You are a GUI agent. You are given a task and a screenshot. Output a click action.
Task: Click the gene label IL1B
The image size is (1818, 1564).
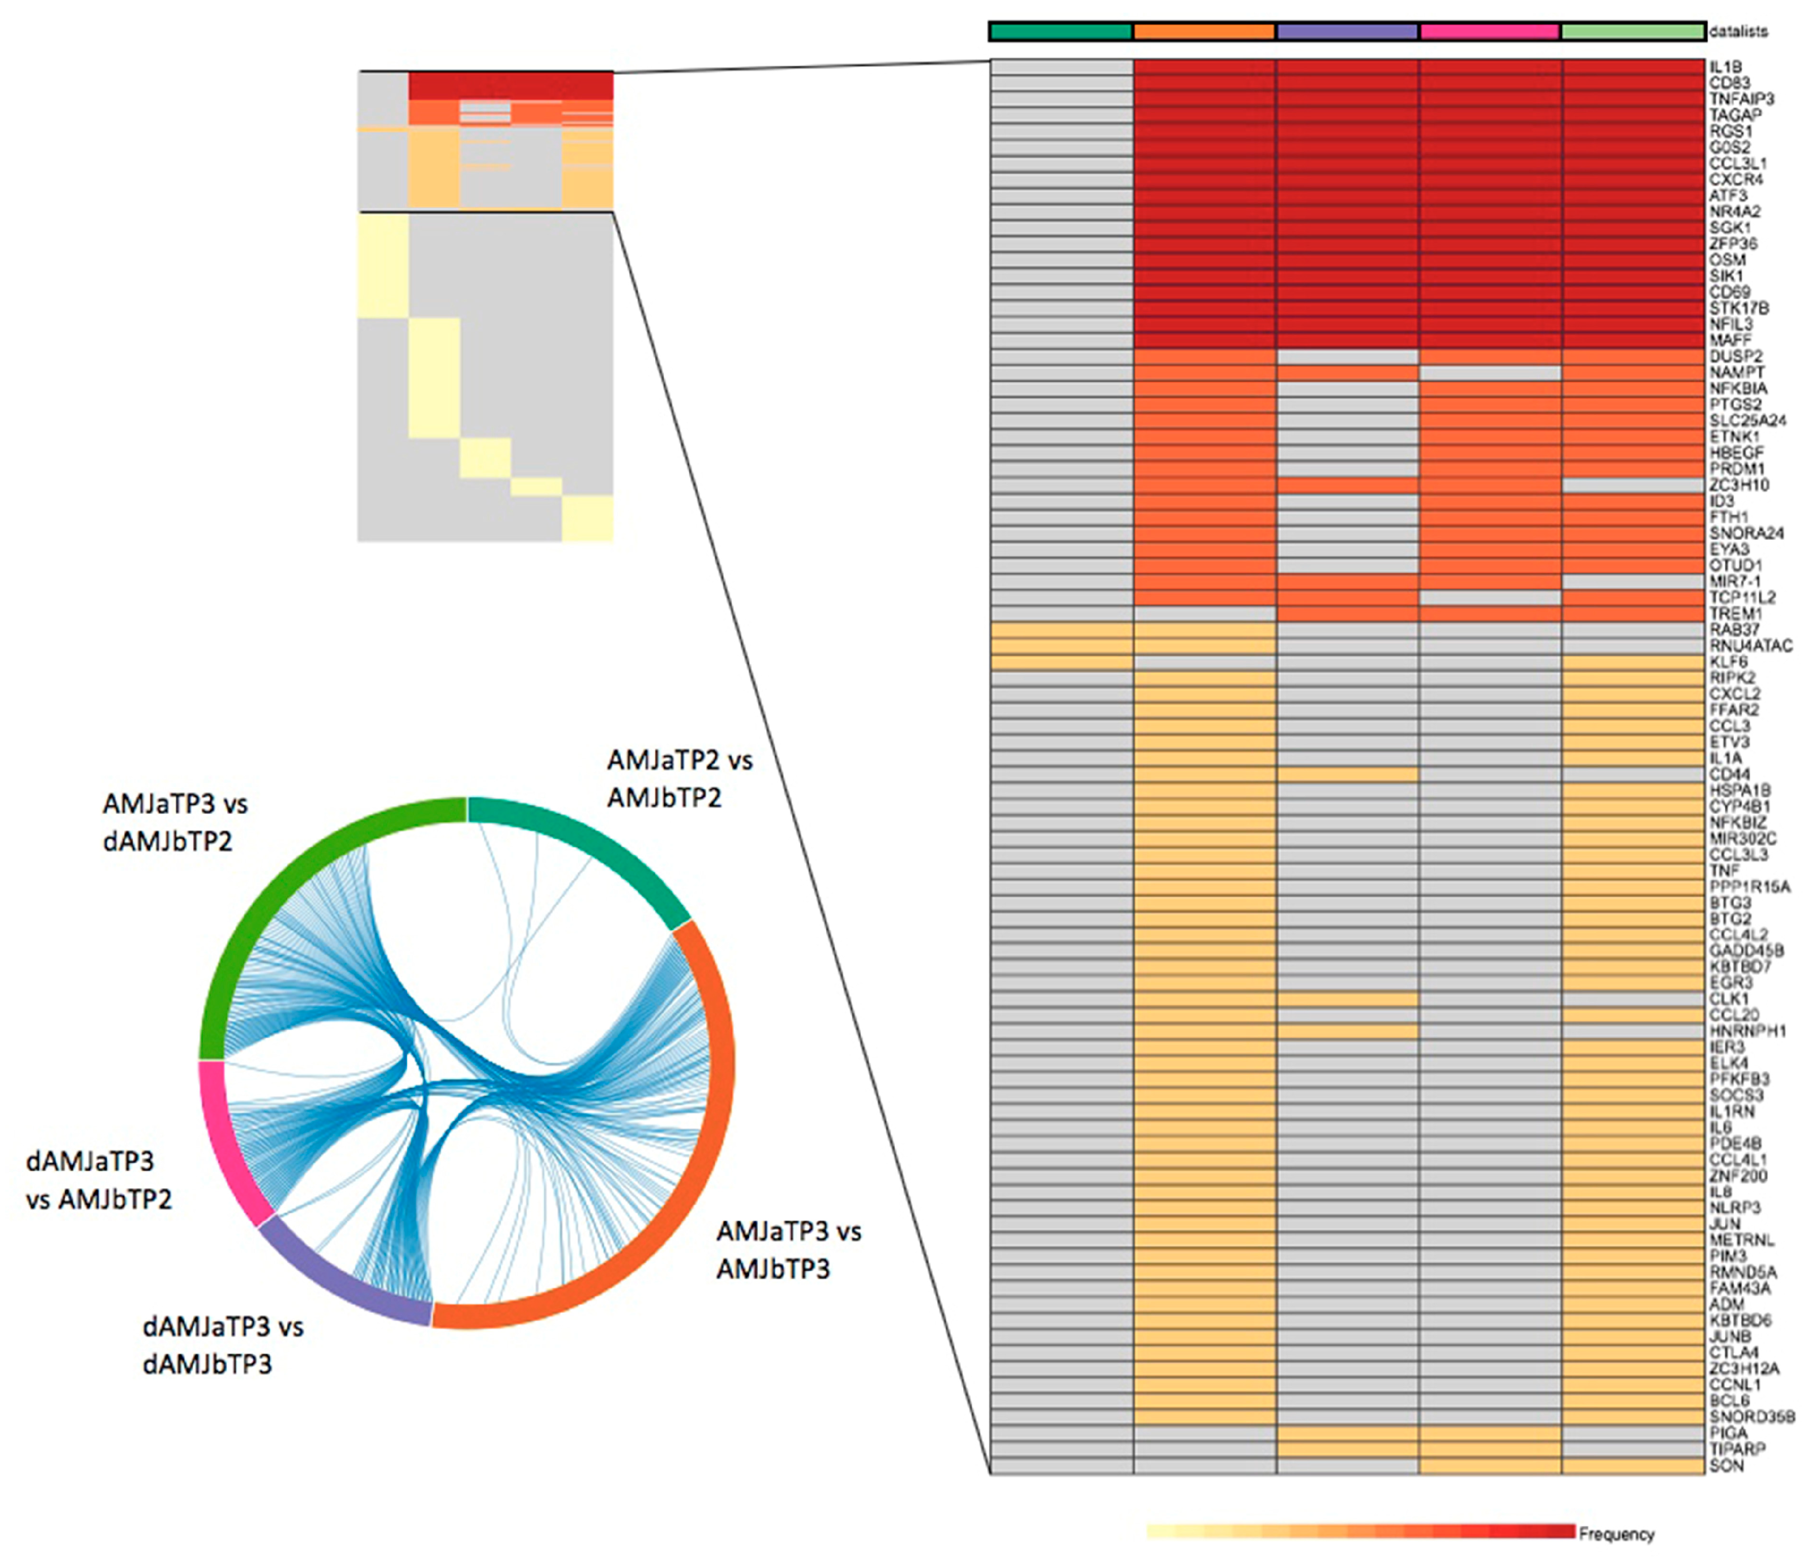1725,67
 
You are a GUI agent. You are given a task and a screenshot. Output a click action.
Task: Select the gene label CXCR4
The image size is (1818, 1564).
1736,179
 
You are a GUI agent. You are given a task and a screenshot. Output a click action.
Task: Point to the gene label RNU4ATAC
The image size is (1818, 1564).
1750,646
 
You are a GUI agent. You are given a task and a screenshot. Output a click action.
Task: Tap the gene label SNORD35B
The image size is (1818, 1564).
1751,1416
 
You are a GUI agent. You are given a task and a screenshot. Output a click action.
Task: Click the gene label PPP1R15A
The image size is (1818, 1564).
1750,886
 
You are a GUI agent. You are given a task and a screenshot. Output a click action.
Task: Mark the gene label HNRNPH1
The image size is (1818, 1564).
1747,1031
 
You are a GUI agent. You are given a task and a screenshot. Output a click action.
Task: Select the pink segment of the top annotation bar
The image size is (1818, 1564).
1490,31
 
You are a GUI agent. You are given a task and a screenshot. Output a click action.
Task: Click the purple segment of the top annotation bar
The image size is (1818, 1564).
1347,31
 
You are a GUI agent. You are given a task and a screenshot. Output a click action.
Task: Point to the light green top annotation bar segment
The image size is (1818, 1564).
1633,31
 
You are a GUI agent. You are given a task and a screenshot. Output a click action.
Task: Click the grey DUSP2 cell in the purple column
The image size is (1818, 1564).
1347,356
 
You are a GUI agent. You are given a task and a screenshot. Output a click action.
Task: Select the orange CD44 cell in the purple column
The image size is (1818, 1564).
1347,774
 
